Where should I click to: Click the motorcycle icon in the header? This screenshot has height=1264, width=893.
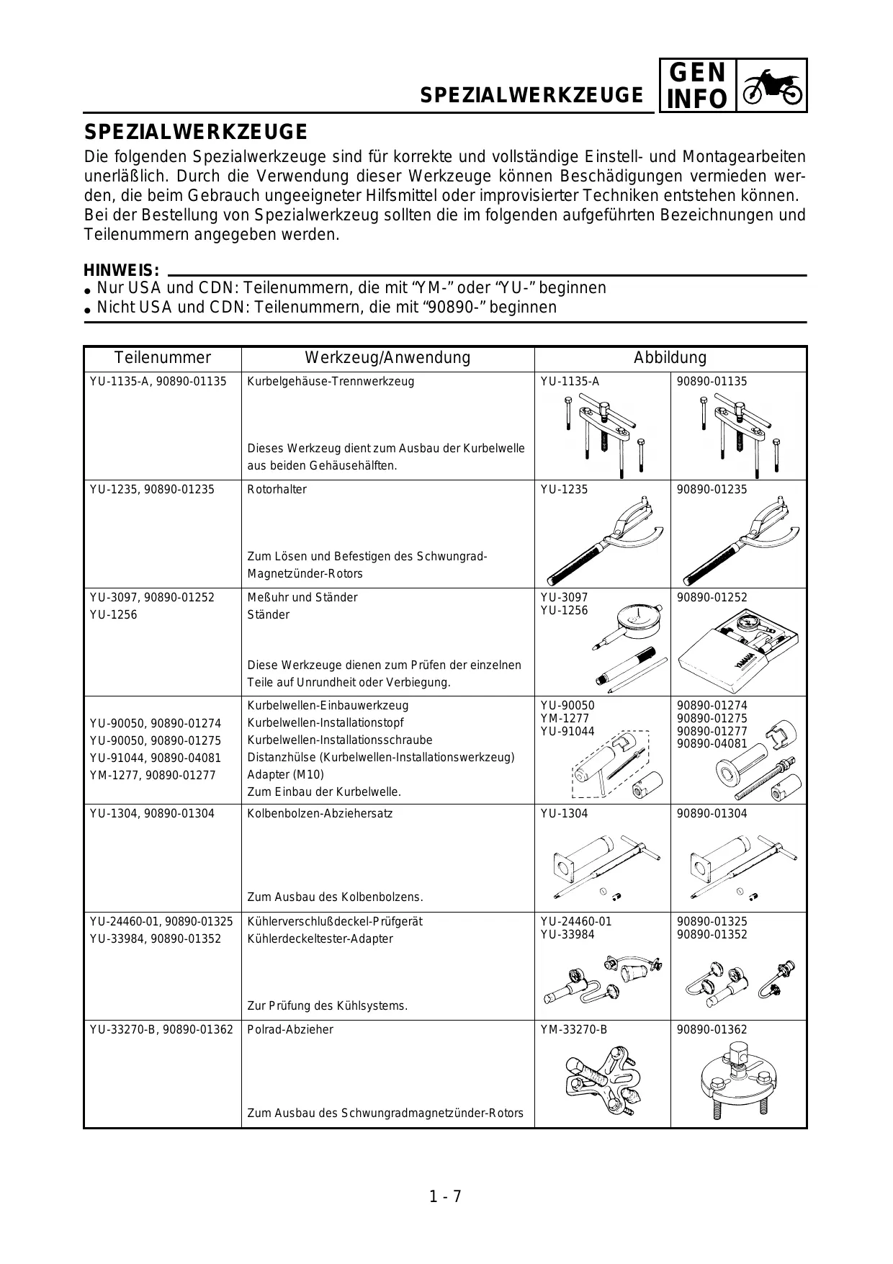[x=772, y=86]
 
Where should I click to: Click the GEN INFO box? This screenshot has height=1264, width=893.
[x=696, y=86]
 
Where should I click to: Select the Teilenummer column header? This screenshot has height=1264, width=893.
[x=162, y=358]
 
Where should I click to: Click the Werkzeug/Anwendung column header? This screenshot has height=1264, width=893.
[x=387, y=358]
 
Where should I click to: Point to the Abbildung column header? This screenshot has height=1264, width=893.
[x=670, y=358]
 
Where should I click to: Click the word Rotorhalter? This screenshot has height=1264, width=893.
[x=277, y=490]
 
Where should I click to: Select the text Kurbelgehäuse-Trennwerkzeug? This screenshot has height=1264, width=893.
[x=331, y=382]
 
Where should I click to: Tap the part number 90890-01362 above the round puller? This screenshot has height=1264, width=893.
[x=712, y=1030]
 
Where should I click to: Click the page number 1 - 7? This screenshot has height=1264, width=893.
[x=445, y=1197]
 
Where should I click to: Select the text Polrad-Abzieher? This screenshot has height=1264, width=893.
[x=290, y=1030]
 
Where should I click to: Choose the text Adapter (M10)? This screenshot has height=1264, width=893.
[x=285, y=775]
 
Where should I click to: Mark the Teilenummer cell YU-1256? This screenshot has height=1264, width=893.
[x=113, y=615]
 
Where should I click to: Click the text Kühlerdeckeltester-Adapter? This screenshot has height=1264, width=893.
[x=320, y=939]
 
